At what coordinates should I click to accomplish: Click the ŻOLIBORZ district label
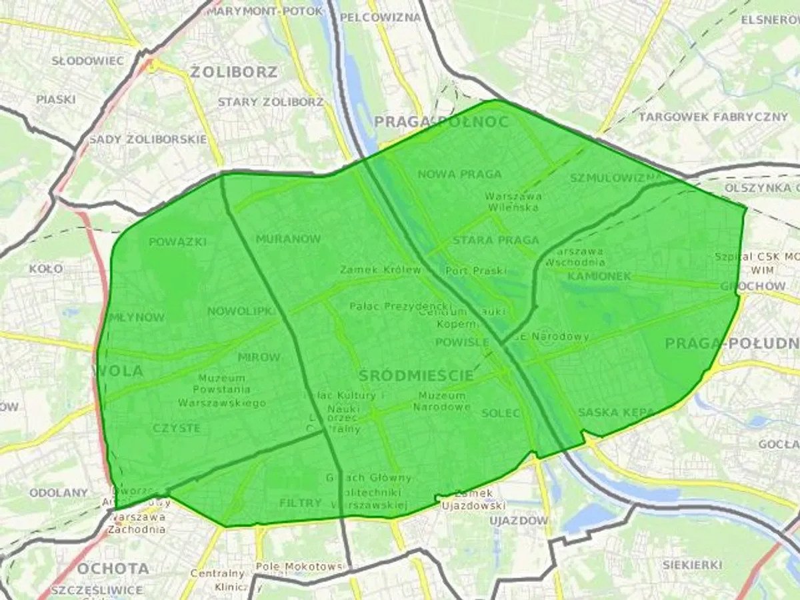click(233, 72)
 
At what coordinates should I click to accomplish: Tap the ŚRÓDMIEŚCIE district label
click(416, 375)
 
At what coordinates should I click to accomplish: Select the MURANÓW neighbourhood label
click(288, 239)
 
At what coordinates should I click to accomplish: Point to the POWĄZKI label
click(178, 241)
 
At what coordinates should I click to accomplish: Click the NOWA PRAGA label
click(459, 174)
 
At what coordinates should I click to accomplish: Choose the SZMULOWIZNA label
click(617, 178)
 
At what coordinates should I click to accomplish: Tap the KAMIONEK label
click(599, 276)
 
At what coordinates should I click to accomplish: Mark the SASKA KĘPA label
click(616, 413)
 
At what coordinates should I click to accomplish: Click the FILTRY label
click(300, 503)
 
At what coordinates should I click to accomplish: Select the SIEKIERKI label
click(692, 565)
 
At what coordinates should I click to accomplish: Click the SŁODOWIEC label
click(87, 61)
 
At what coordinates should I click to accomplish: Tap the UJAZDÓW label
click(519, 520)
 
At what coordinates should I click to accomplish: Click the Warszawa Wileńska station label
click(513, 201)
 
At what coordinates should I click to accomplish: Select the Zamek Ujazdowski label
click(473, 499)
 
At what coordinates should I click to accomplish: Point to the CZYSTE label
click(176, 428)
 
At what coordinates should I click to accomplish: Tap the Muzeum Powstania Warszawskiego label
click(222, 391)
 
